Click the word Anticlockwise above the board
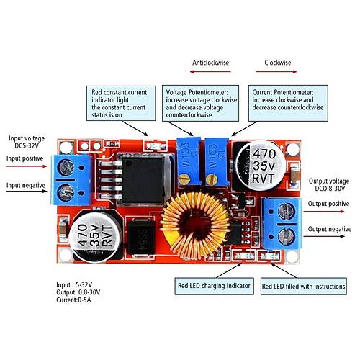click(210, 63)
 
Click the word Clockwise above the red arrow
click(278, 63)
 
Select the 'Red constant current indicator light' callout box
click(121, 103)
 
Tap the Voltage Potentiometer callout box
click(200, 103)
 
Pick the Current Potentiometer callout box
click(288, 103)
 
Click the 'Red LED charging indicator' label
click(214, 286)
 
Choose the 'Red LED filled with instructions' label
click(304, 287)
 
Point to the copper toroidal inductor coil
click(195, 225)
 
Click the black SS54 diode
click(140, 237)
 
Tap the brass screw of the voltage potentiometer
click(184, 179)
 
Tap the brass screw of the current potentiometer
click(212, 179)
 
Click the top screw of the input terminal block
click(66, 167)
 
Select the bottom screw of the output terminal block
click(286, 236)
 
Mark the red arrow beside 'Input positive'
click(27, 166)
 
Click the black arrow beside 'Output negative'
click(324, 236)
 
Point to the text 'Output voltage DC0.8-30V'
click(329, 184)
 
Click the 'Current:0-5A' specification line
click(73, 300)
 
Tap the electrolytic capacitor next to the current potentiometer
click(261, 166)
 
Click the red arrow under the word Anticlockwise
click(210, 71)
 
